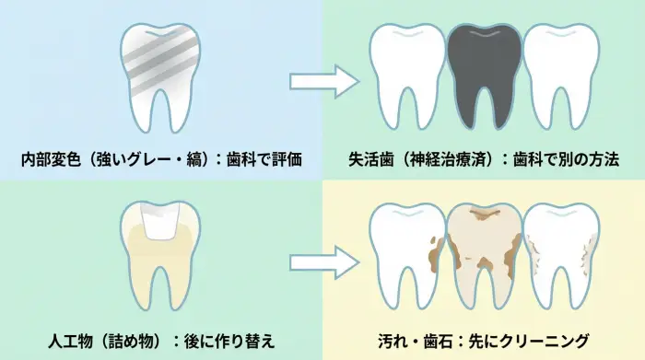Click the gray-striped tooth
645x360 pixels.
[162, 69]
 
